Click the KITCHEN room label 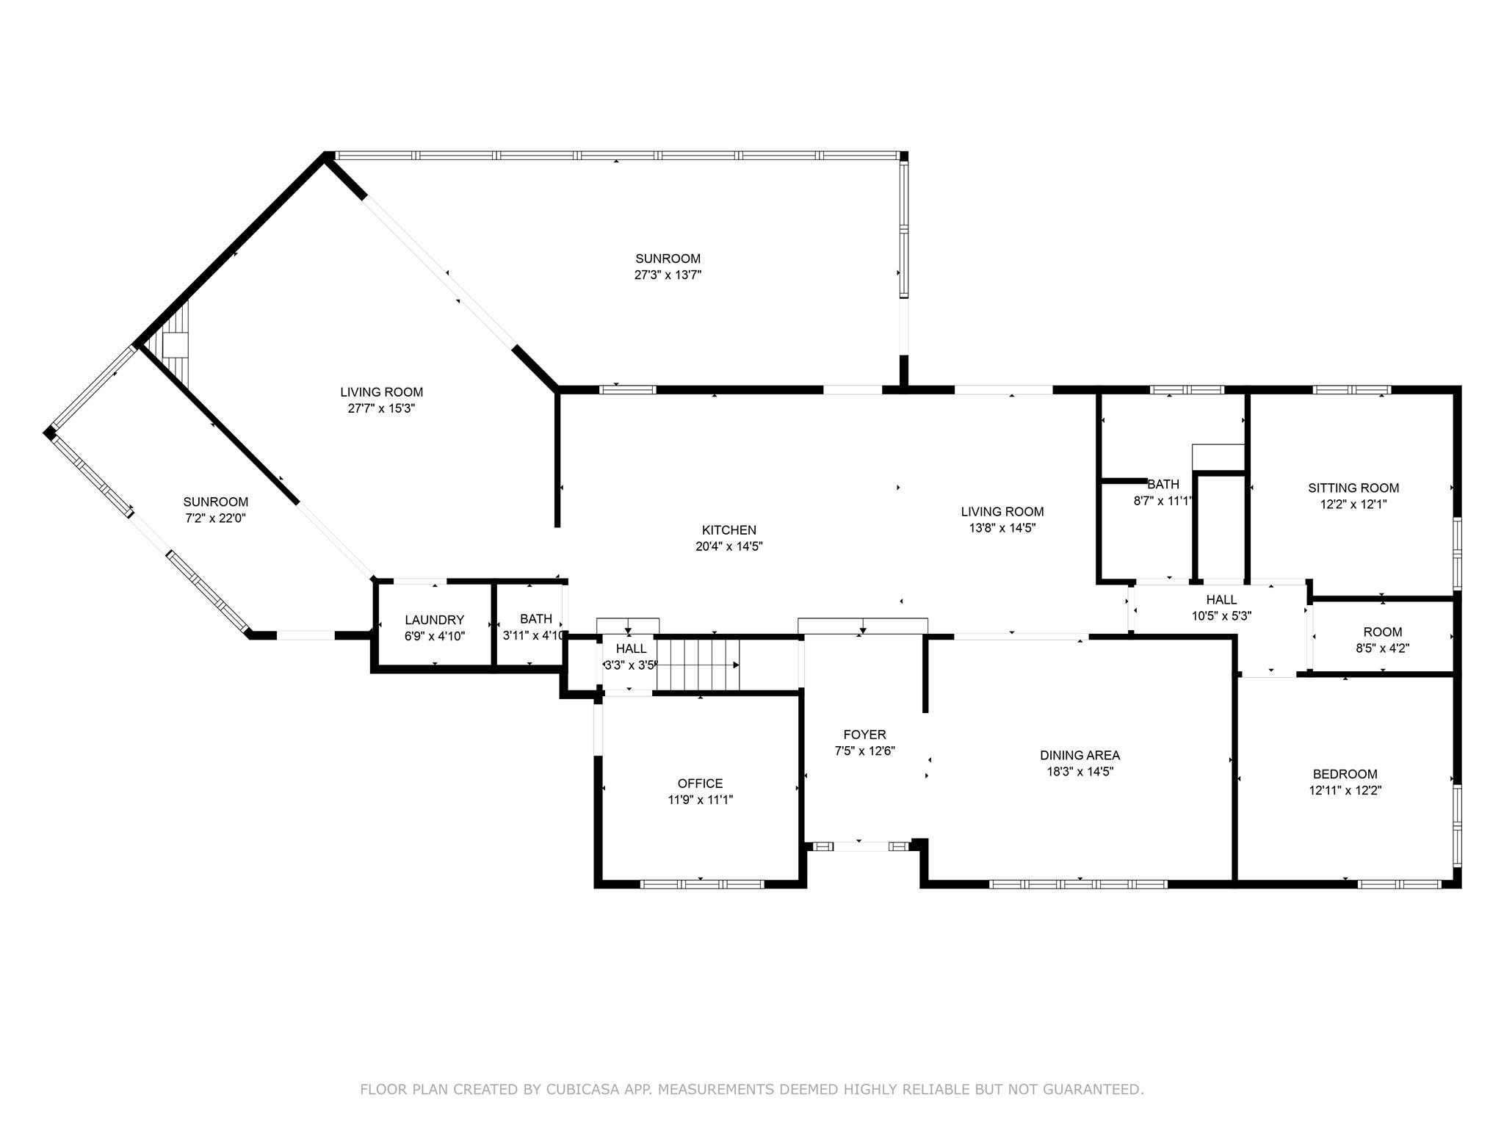(x=728, y=530)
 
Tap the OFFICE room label (x=700, y=784)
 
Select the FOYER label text (x=864, y=734)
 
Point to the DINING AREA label (x=1080, y=755)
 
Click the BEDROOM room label (x=1345, y=774)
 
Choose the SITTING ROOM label (x=1353, y=488)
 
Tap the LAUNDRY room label (x=434, y=620)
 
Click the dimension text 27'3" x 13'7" (x=668, y=275)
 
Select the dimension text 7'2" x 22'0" (x=215, y=518)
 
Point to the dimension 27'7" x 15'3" (x=381, y=408)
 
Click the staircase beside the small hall (x=698, y=665)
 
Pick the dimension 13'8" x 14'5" (x=1002, y=528)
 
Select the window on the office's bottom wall (x=702, y=884)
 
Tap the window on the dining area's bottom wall (x=1078, y=884)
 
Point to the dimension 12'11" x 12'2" (x=1345, y=791)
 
